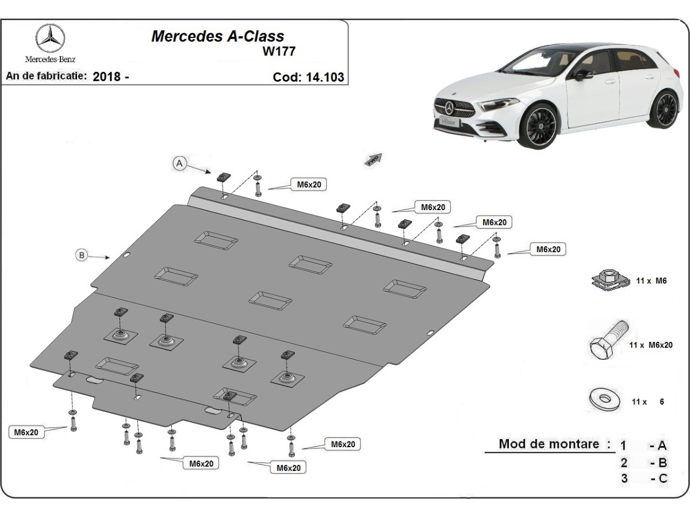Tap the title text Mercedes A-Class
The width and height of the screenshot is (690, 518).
tap(217, 36)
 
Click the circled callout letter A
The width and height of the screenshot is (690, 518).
tap(179, 164)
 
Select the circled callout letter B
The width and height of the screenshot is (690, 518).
tap(82, 255)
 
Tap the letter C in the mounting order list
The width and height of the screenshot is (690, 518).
tap(662, 478)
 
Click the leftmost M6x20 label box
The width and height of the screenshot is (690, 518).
tap(27, 432)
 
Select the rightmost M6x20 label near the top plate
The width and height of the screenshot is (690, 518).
tap(549, 249)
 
